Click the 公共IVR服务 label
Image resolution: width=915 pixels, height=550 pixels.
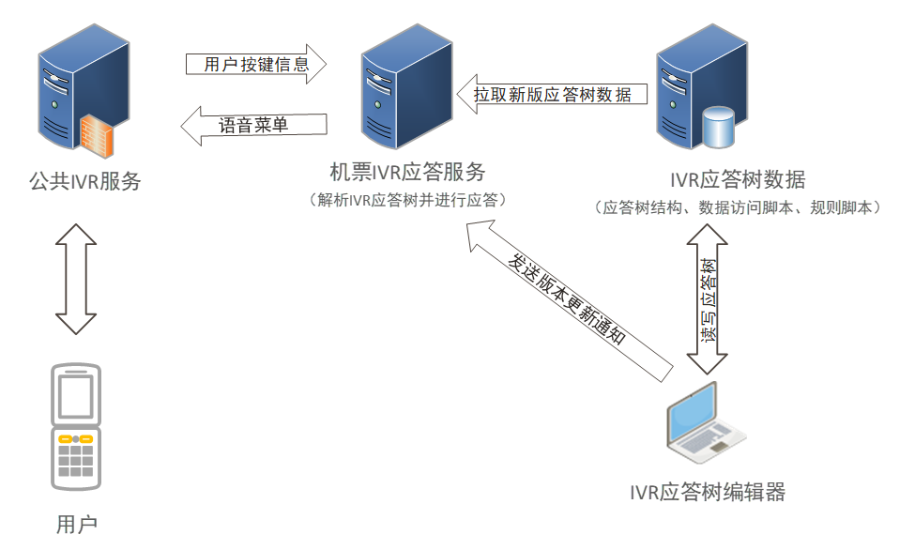[x=84, y=180]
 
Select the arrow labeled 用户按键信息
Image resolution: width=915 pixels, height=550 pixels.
[x=255, y=65]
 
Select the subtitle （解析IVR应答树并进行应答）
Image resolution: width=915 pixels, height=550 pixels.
[x=407, y=200]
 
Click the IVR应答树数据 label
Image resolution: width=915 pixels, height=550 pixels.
[x=738, y=179]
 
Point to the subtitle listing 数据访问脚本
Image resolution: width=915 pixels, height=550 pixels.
[x=738, y=207]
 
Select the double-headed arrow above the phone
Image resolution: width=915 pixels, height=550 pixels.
[x=75, y=277]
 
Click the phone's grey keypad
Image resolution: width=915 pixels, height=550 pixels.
[x=76, y=460]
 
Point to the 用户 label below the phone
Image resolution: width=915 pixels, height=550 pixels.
[x=76, y=524]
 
